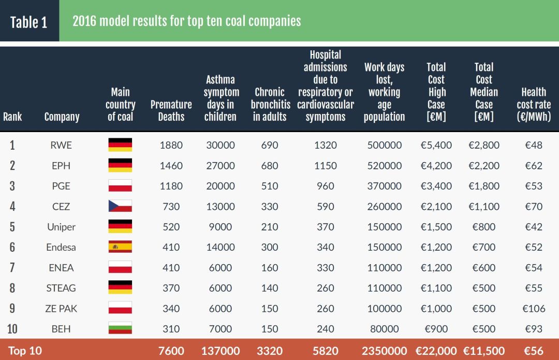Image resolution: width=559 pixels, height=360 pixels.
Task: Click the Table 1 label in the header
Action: [x=29, y=22]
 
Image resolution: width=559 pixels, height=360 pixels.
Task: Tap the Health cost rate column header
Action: [x=534, y=104]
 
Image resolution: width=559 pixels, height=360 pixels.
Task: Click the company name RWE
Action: [x=61, y=145]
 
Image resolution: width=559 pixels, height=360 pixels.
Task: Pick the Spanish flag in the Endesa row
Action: [x=120, y=247]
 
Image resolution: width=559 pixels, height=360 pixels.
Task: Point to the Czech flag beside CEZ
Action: [x=120, y=206]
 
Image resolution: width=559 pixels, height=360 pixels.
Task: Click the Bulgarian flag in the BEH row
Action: [x=120, y=328]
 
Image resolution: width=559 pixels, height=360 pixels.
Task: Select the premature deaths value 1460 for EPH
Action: [x=171, y=166]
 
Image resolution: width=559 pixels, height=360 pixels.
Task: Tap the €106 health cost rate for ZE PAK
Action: [x=534, y=308]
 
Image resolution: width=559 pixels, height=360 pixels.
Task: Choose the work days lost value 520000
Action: [x=384, y=166]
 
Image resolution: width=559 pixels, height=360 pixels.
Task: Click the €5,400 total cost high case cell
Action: [x=436, y=145]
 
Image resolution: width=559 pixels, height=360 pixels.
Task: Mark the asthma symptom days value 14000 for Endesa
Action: [x=220, y=247]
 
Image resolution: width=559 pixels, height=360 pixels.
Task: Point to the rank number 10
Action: [x=12, y=329]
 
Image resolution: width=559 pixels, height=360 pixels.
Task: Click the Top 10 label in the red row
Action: [x=25, y=351]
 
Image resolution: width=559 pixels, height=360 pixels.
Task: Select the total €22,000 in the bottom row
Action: [x=436, y=351]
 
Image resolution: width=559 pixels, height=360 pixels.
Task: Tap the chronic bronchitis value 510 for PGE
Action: [x=270, y=186]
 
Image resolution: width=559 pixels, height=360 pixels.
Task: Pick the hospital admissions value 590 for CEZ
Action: [x=325, y=206]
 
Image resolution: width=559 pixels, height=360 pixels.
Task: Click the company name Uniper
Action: [x=61, y=227]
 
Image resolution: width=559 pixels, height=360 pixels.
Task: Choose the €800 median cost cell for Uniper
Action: [x=484, y=227]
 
